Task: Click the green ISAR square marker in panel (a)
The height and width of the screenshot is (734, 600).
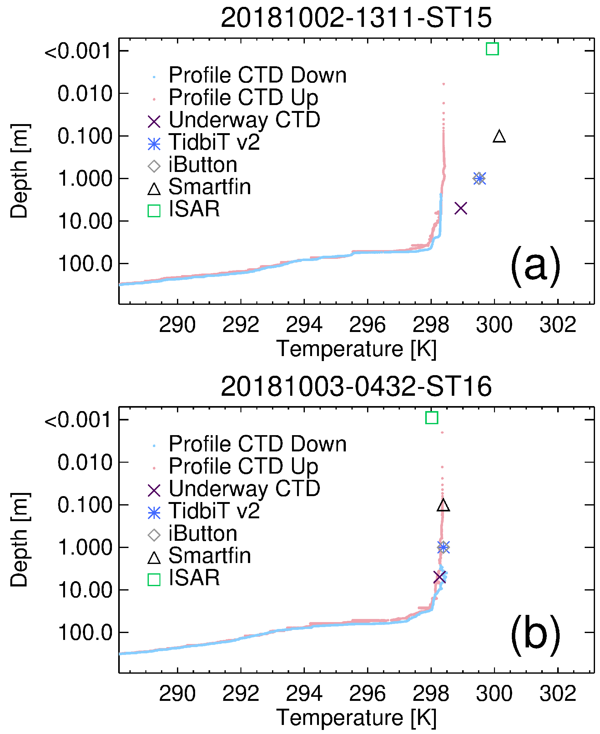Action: point(492,49)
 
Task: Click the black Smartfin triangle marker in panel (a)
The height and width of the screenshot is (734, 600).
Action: point(499,137)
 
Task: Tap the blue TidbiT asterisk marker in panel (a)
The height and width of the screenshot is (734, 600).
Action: point(480,178)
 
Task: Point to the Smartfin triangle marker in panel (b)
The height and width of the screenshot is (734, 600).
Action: point(443,506)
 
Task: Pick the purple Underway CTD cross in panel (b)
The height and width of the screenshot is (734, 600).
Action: point(440,577)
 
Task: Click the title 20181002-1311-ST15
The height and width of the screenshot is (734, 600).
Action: point(356,18)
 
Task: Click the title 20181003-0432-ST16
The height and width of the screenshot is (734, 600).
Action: point(356,386)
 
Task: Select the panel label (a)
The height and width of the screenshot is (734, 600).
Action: point(535,266)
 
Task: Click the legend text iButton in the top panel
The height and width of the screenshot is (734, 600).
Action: point(203,165)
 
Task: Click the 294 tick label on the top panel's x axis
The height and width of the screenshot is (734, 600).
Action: point(304,325)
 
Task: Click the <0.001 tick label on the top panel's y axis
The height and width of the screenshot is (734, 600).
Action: point(78,52)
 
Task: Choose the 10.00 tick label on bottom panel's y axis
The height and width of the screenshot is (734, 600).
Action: point(85,590)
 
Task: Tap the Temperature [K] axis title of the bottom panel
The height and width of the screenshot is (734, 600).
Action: point(356,717)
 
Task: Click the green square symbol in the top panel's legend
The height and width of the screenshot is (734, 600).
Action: point(154,211)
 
